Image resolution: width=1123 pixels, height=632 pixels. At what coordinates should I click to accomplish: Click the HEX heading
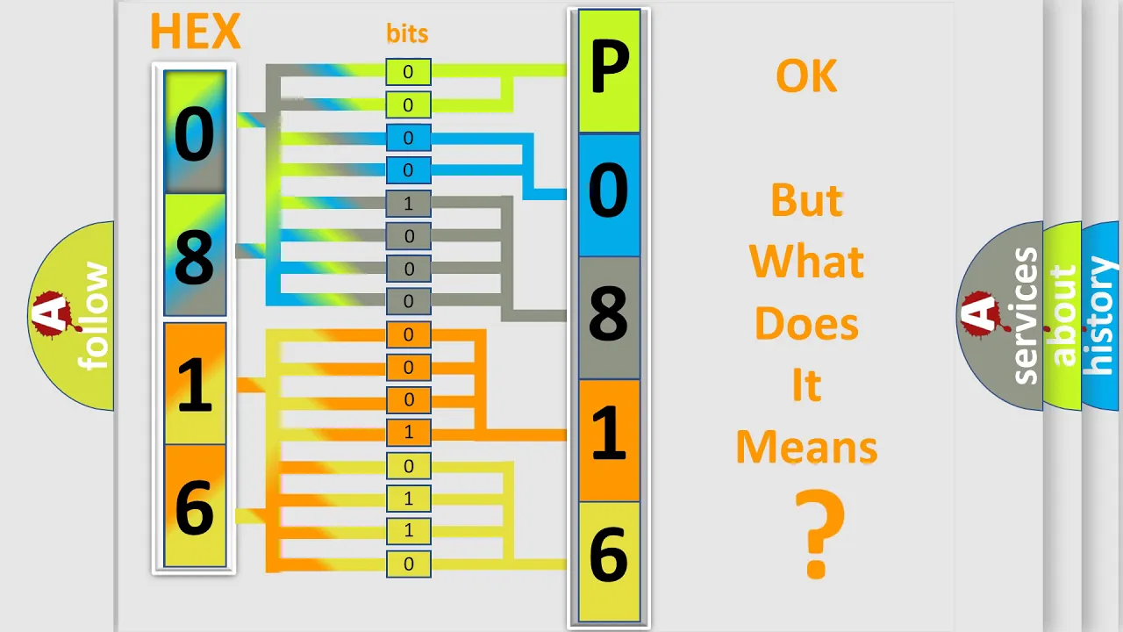tap(195, 31)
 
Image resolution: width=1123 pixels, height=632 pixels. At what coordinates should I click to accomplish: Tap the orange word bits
tap(407, 33)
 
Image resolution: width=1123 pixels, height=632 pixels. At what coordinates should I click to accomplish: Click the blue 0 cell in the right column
tap(609, 195)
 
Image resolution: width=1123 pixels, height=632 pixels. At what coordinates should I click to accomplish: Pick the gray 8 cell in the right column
tap(609, 318)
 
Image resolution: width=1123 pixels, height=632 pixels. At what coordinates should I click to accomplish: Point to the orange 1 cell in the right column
tap(609, 441)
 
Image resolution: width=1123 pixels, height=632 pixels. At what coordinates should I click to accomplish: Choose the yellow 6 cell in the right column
tap(609, 562)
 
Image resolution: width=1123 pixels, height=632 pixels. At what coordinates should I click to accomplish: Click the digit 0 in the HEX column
tap(195, 134)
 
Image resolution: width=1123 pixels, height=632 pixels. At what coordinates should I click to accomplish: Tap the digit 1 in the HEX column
tap(195, 384)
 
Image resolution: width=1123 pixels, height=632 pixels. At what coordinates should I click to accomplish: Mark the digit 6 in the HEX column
tap(195, 507)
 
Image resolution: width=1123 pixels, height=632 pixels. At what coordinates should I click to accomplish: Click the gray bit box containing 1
tap(408, 204)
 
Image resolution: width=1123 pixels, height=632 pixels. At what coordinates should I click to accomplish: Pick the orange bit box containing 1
tap(408, 432)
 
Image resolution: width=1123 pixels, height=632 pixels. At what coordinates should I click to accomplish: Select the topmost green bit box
tap(408, 72)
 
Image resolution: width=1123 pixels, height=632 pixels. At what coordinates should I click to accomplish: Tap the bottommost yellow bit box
tap(408, 564)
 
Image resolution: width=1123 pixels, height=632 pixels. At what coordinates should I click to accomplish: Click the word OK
tap(806, 76)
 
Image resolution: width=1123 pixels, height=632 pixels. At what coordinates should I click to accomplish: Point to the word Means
tap(806, 447)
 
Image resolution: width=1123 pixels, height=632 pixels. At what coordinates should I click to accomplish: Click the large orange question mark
tap(819, 534)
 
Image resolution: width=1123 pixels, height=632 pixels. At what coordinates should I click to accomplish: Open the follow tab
tap(71, 316)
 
